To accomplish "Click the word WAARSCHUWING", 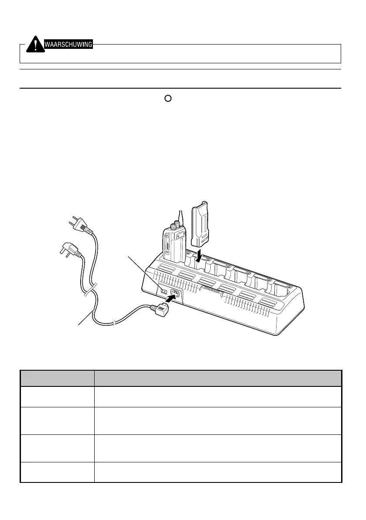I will (x=68, y=44).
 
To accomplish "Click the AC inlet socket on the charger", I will (x=176, y=293).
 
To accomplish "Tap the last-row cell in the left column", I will (x=57, y=472).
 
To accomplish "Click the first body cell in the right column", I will (x=218, y=396).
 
